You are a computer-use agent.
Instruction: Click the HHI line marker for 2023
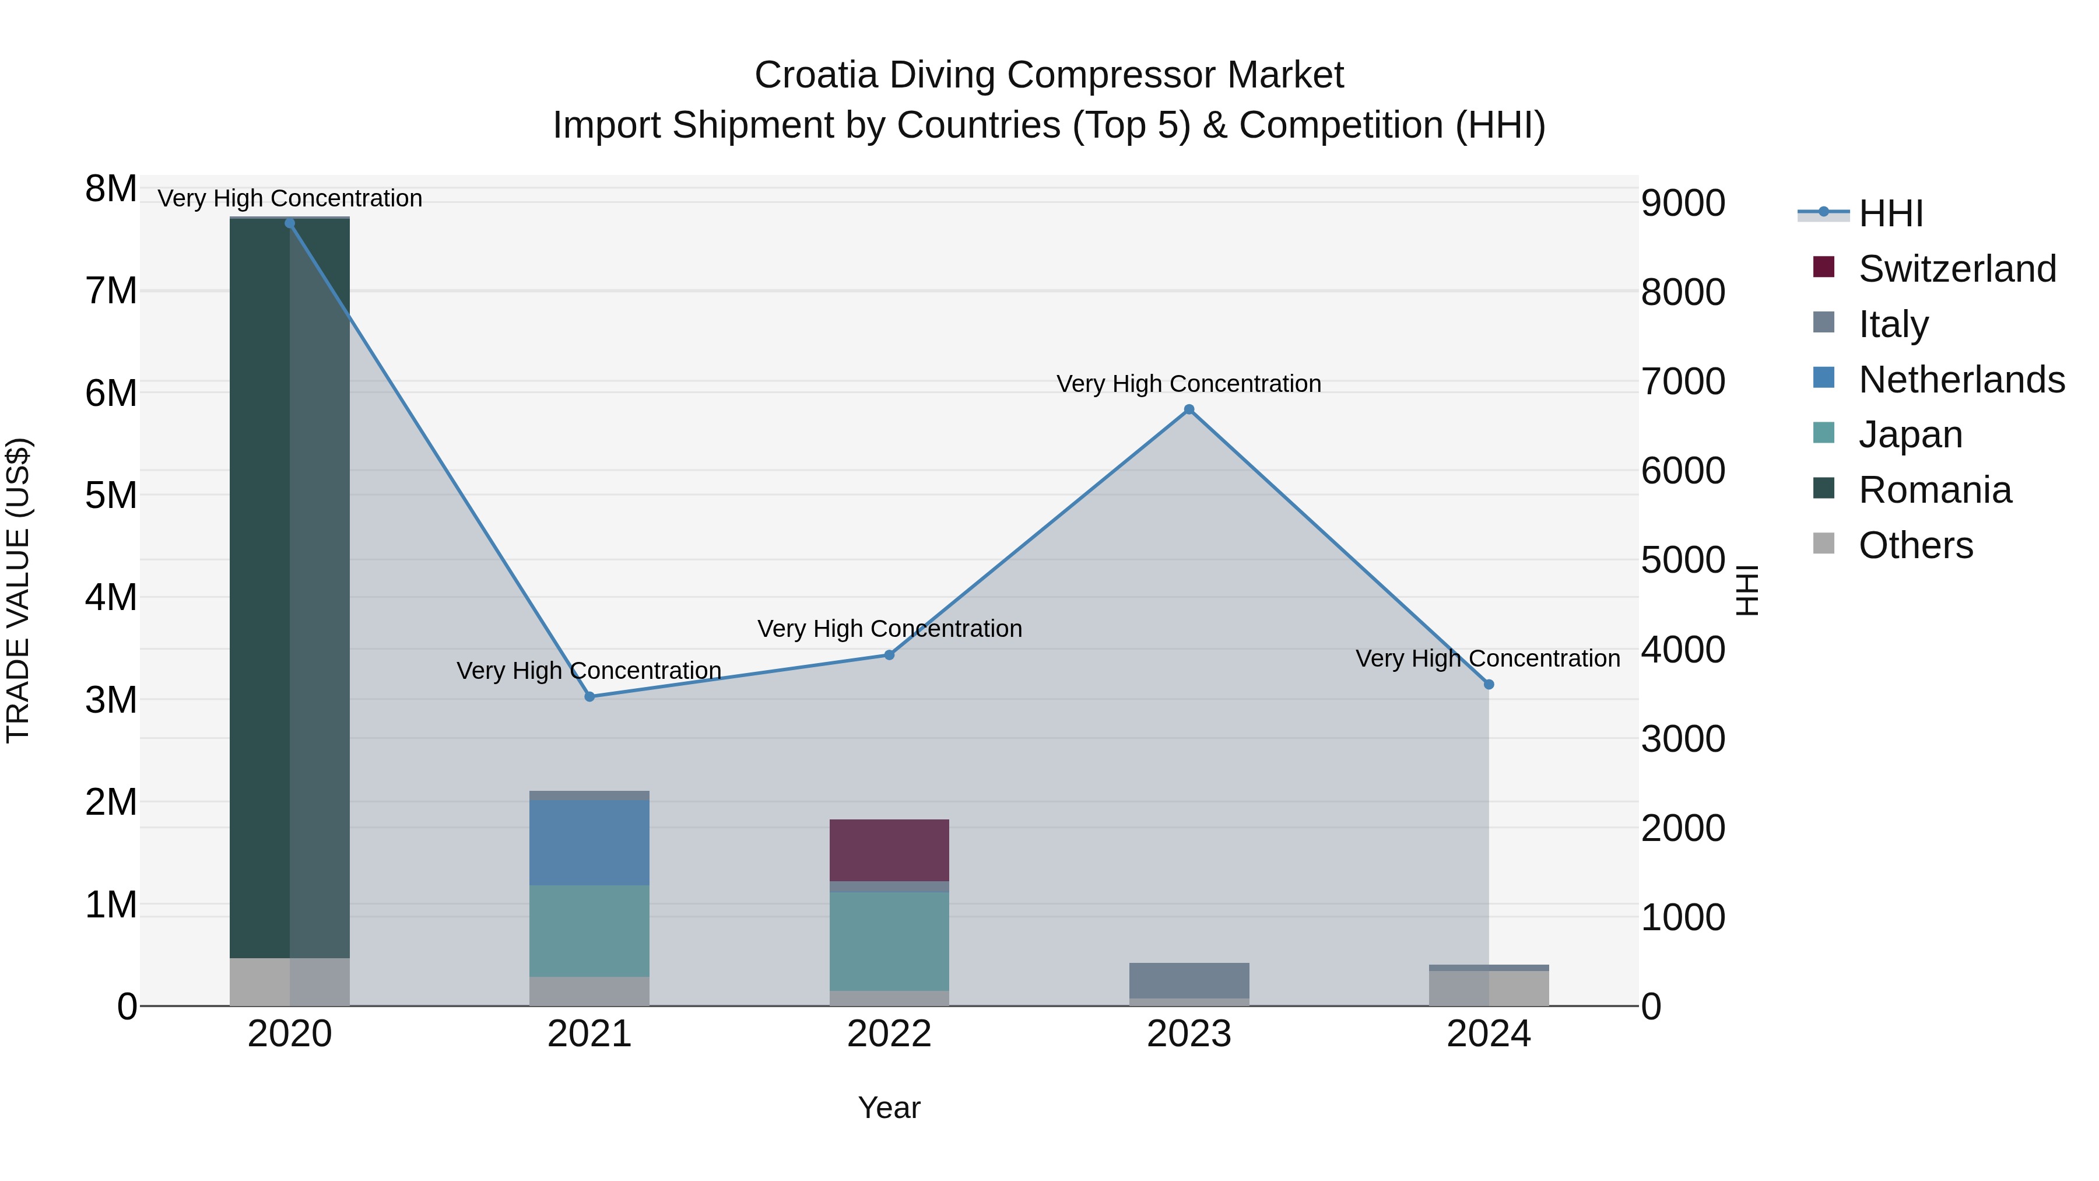[1189, 409]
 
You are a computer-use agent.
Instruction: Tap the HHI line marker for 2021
[589, 696]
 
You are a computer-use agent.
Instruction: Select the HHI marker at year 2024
[1489, 685]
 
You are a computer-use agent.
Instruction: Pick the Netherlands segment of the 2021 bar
[589, 842]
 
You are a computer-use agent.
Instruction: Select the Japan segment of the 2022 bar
[889, 941]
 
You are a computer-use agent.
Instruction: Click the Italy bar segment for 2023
[1189, 980]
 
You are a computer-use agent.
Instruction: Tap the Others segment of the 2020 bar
[289, 982]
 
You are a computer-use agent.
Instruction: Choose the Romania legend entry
[1935, 490]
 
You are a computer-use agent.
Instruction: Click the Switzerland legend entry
[1956, 269]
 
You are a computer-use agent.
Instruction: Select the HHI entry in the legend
[1890, 213]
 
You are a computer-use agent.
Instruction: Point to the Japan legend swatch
[1824, 433]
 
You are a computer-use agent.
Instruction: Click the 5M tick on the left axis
[111, 495]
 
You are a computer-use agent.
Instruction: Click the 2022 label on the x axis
[889, 1034]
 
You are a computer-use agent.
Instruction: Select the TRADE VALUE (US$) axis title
[18, 590]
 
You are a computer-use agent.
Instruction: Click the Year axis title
[889, 1108]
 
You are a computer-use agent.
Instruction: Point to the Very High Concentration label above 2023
[1189, 384]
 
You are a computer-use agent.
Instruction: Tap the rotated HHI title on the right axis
[1747, 590]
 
